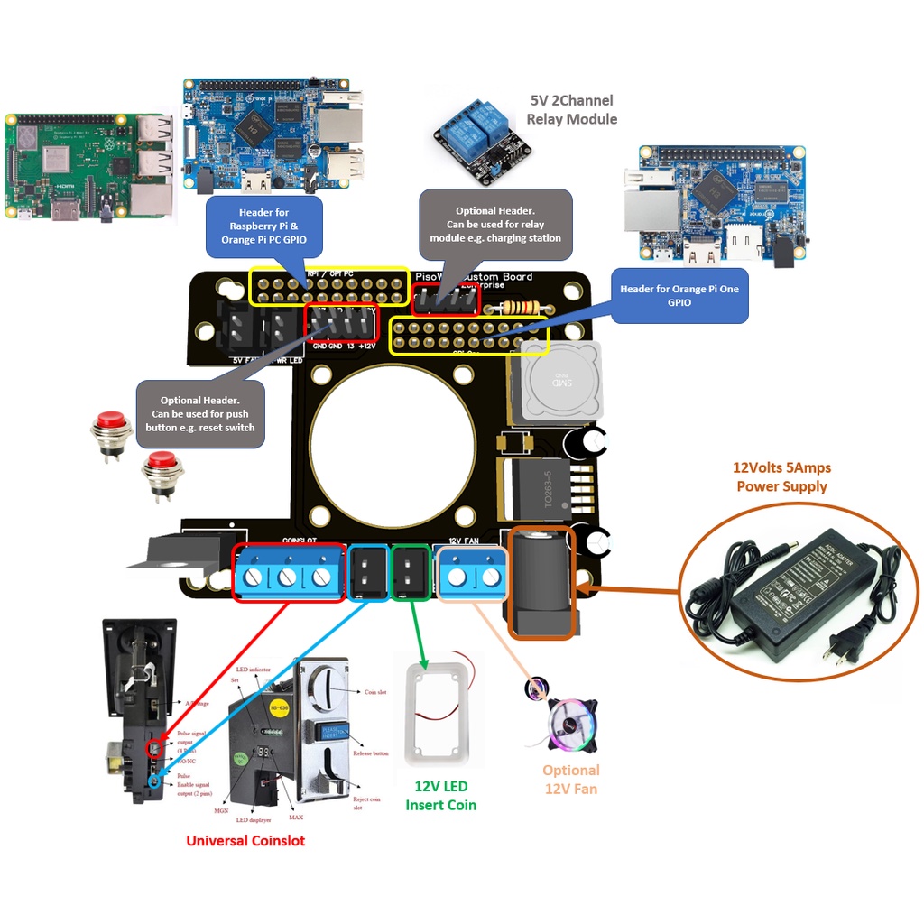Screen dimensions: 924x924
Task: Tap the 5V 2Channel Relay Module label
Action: [x=572, y=110]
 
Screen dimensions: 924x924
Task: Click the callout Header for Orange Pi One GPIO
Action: [x=679, y=296]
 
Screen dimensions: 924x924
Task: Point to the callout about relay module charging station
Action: [x=495, y=225]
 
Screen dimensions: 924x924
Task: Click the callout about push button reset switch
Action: [x=200, y=414]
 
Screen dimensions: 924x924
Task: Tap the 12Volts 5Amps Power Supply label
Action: [x=781, y=477]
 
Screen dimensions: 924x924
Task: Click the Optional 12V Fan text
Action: [x=571, y=779]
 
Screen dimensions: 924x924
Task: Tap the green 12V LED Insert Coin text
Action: [x=440, y=795]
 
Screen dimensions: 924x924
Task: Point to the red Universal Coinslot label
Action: [x=245, y=841]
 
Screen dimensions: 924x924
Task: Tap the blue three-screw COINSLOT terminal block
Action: [x=288, y=574]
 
